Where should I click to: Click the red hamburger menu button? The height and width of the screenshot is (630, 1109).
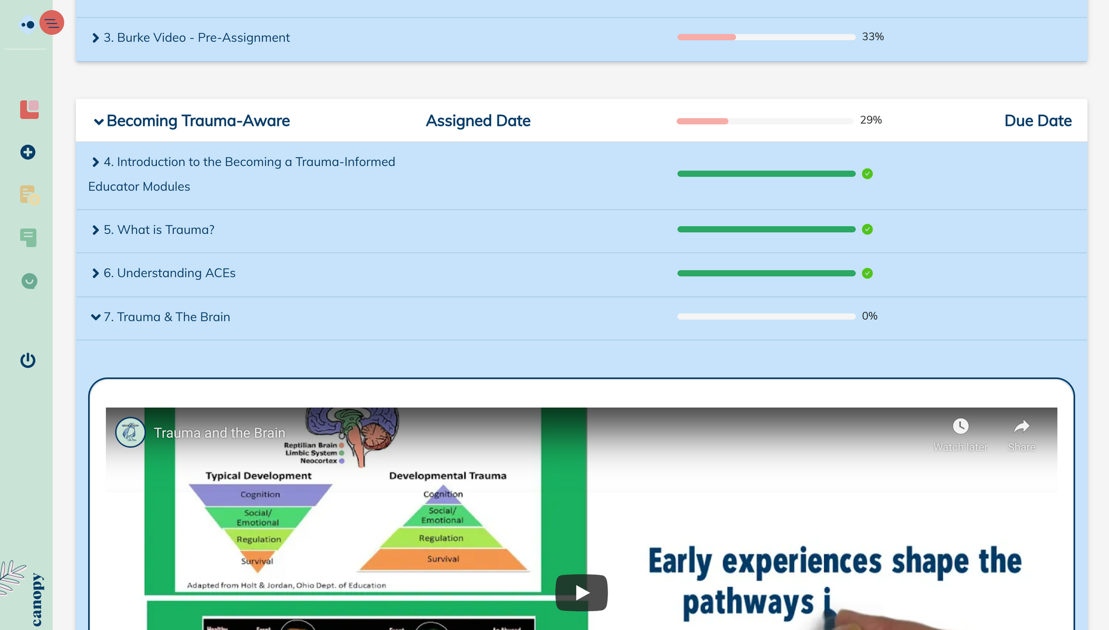(52, 23)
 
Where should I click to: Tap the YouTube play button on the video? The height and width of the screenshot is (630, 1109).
(581, 592)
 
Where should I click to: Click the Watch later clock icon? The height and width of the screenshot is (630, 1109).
(960, 426)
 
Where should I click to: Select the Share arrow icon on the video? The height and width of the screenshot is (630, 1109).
(1021, 426)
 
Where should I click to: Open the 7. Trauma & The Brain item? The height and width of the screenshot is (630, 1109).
(166, 317)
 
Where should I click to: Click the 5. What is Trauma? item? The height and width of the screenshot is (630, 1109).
(159, 230)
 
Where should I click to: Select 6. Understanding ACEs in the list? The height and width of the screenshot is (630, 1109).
(169, 273)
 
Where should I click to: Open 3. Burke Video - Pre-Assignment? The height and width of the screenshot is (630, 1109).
(196, 38)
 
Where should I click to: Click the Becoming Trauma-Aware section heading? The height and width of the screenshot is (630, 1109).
(197, 121)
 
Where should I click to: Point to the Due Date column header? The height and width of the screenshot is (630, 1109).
(1037, 121)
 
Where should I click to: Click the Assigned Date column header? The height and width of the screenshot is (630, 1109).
(478, 121)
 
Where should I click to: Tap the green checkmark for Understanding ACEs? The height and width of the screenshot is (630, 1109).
(867, 273)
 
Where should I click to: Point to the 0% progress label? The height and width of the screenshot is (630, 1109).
(869, 316)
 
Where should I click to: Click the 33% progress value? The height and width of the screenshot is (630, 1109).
(873, 37)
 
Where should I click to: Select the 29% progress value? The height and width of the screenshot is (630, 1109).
(871, 120)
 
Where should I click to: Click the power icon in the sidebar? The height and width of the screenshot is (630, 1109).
(28, 360)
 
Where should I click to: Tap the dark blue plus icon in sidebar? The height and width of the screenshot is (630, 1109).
(28, 152)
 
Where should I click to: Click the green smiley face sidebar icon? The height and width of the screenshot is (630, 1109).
(29, 281)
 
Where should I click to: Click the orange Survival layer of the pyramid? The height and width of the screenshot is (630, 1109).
(443, 559)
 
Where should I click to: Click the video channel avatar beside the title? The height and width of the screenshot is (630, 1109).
(130, 432)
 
